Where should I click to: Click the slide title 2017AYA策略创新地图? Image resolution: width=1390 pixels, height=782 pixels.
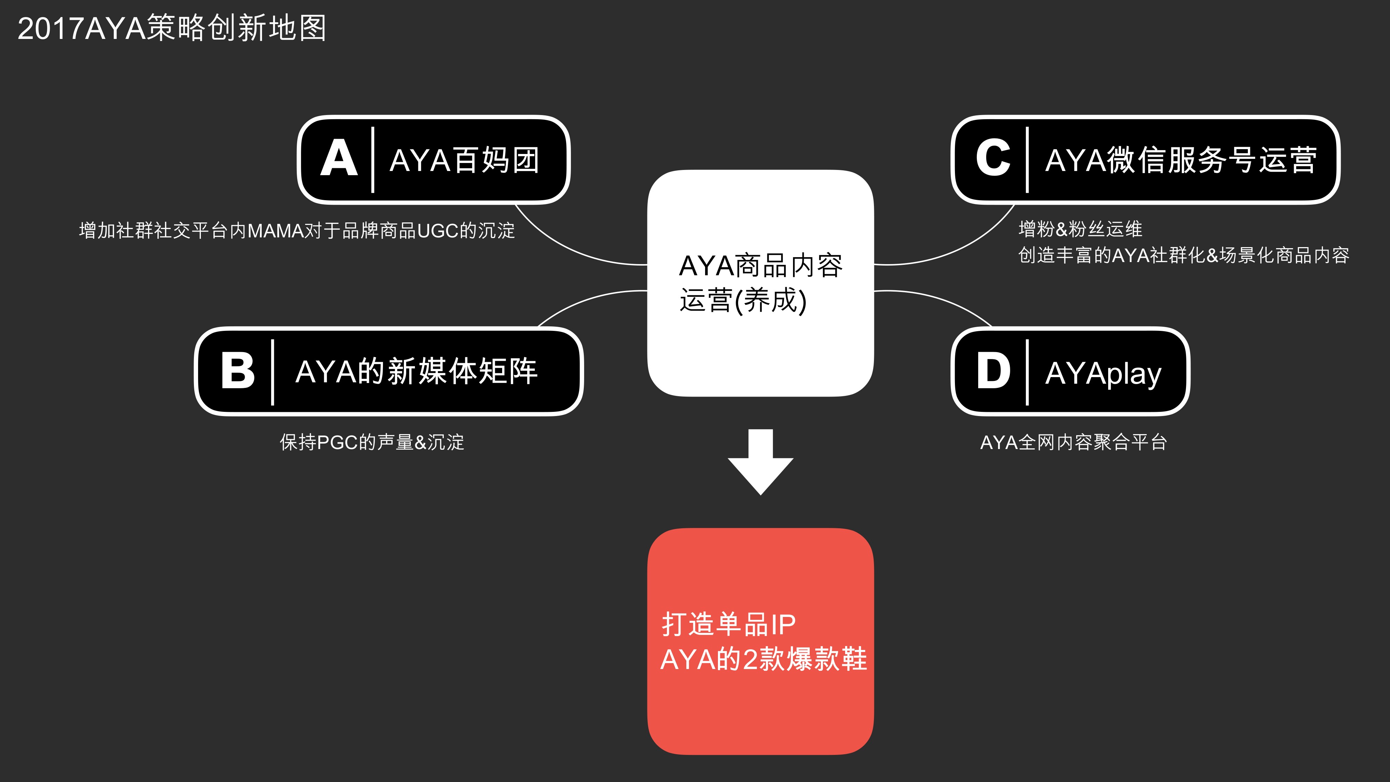coord(172,28)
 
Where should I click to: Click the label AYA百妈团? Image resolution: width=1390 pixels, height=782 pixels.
coord(465,160)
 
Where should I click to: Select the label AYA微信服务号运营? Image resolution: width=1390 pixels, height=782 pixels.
coord(1181,160)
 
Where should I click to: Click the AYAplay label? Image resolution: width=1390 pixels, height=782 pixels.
coord(1103,374)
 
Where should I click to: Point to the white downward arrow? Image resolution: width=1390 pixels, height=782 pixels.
coord(760,462)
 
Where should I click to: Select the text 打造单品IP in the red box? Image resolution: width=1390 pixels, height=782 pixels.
coord(728,625)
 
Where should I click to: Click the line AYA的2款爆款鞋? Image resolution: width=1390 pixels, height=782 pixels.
coord(763,659)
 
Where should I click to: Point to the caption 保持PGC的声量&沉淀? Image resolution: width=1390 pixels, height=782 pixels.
coord(372,442)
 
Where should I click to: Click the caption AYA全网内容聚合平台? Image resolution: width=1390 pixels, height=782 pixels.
coord(1073,442)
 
